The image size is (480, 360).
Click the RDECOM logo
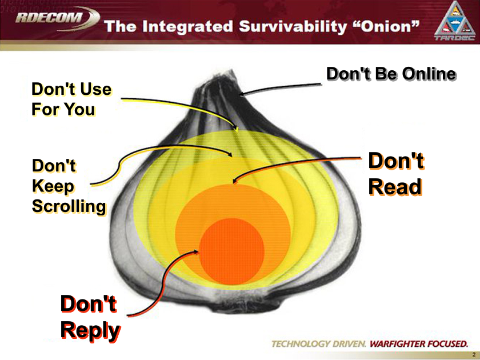coord(56,18)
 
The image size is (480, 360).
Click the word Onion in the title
coord(388,26)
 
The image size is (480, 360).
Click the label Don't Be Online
coord(391,74)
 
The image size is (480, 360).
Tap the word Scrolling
coord(69,206)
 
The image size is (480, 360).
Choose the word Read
coord(395,186)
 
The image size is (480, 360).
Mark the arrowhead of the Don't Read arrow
coord(234,182)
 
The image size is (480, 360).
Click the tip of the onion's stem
coord(229,73)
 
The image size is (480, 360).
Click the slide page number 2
coord(473,355)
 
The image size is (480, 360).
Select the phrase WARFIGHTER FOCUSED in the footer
coord(419,344)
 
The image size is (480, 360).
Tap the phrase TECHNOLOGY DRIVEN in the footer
coord(319,344)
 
